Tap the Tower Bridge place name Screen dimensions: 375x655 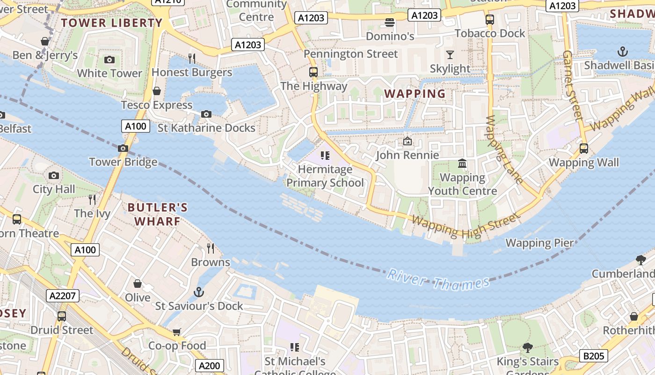[123, 162]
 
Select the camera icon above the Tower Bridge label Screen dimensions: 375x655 [123, 149]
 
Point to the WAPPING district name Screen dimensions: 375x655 [415, 94]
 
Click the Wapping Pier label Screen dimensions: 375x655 [539, 243]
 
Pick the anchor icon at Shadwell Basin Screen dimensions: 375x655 [623, 51]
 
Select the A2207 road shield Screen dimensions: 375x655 [63, 295]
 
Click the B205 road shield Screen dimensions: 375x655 [594, 356]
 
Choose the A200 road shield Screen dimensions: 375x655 [209, 366]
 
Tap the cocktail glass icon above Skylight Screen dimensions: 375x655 [450, 55]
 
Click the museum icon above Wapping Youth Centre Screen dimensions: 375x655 [462, 164]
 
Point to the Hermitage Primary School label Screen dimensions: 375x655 [325, 176]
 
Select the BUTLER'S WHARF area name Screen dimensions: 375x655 [158, 214]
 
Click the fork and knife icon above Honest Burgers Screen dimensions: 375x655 [192, 58]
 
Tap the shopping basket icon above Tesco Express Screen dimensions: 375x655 [157, 91]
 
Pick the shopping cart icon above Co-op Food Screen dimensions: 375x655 [177, 332]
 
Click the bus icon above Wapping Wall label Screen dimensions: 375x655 [583, 149]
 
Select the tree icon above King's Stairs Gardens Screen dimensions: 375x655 [528, 348]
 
